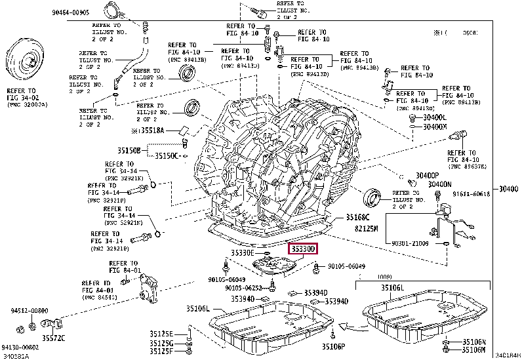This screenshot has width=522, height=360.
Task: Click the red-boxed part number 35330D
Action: coord(303,249)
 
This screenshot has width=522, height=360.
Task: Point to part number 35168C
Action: coord(359,217)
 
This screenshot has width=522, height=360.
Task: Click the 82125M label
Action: coord(367,228)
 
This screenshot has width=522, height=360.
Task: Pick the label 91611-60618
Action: coord(489,195)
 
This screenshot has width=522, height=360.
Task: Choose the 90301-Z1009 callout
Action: coord(410,243)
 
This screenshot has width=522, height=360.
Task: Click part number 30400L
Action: coord(434,117)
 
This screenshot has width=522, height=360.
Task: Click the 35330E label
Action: coord(242,253)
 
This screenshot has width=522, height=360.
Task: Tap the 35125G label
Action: coord(161,343)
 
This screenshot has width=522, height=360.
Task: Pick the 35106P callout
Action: coord(334,346)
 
